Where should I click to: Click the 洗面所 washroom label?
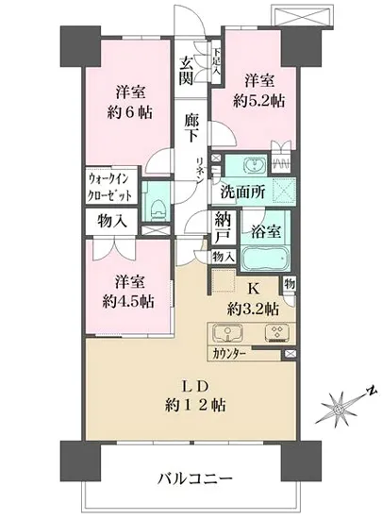(x=241, y=192)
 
